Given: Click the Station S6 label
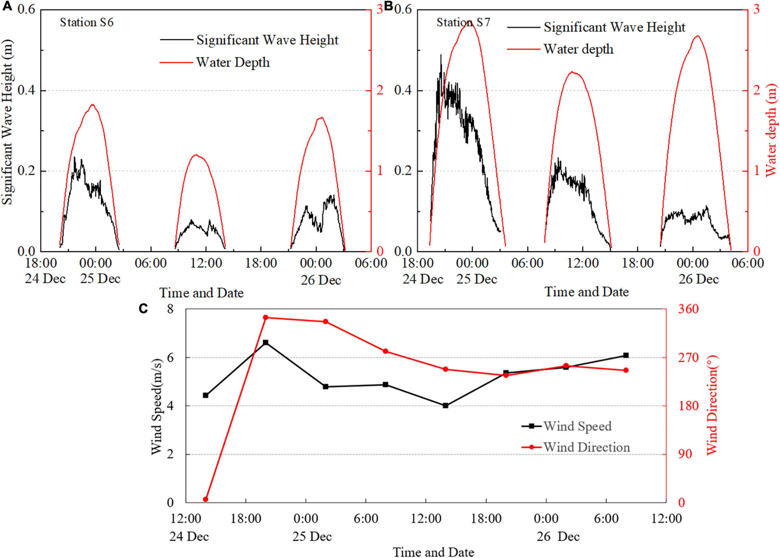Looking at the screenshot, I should (87, 23).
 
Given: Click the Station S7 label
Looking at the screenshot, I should (463, 23).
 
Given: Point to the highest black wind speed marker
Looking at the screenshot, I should (266, 343).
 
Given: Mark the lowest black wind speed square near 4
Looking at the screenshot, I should (445, 406).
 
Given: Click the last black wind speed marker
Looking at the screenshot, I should (626, 355).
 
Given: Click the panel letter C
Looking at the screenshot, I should (143, 309).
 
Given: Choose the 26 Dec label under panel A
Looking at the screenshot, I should (320, 280).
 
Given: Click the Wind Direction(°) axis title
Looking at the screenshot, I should (713, 406).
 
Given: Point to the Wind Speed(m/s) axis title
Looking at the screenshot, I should (157, 406).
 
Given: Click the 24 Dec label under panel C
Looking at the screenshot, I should (189, 536).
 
